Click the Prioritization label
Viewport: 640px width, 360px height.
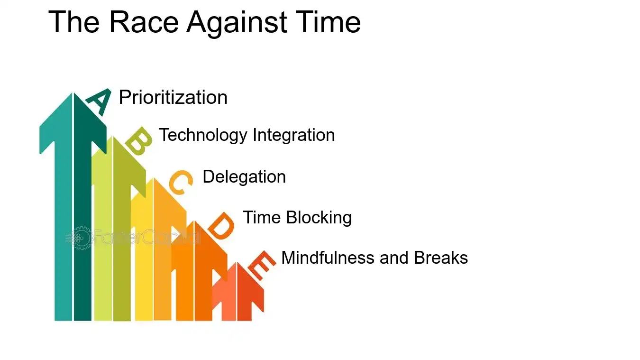click(x=173, y=97)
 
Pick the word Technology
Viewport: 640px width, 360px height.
click(x=203, y=135)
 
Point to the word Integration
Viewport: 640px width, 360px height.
click(x=293, y=135)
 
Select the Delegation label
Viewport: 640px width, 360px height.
click(x=244, y=177)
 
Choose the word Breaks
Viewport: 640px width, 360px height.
click(x=441, y=258)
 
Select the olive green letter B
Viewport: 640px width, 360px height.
click(x=138, y=141)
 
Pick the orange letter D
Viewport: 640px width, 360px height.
click(x=221, y=226)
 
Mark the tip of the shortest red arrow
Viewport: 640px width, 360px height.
click(x=237, y=263)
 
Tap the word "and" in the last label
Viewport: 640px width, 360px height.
click(x=396, y=258)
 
